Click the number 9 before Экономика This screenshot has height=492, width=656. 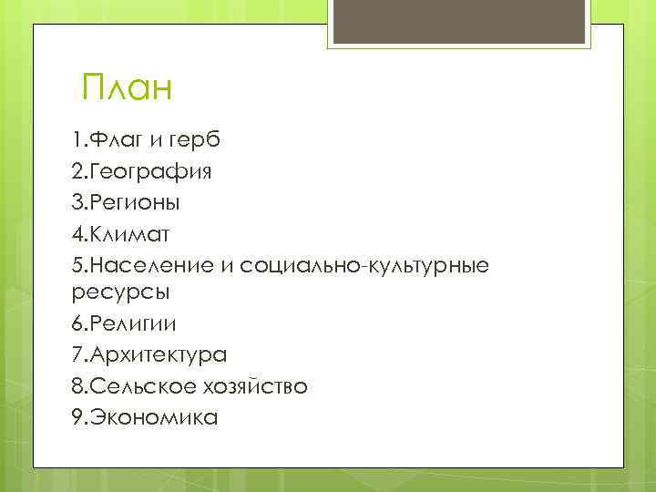coord(76,417)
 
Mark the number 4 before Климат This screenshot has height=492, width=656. coord(76,233)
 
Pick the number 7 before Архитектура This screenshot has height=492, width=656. coord(76,355)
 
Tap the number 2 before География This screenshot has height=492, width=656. coord(76,172)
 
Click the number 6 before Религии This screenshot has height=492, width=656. coord(76,324)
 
